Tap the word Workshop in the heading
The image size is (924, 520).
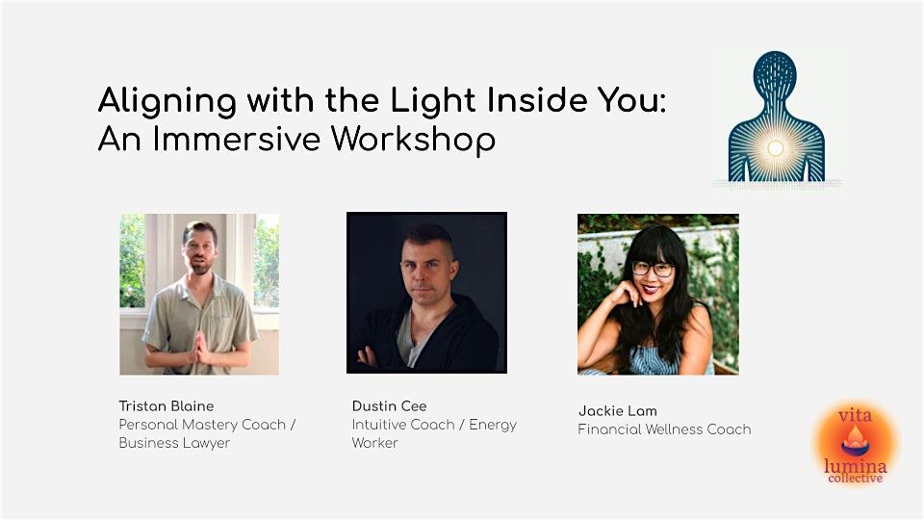pos(413,140)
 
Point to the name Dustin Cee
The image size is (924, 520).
pos(388,405)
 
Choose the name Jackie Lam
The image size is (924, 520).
pos(615,410)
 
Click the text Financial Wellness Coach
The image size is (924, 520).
pos(664,429)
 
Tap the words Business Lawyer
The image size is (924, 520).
pos(174,443)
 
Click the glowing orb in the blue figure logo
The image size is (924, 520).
pos(775,148)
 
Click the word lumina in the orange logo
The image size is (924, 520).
pos(855,465)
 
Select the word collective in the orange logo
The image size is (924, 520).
pos(855,479)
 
